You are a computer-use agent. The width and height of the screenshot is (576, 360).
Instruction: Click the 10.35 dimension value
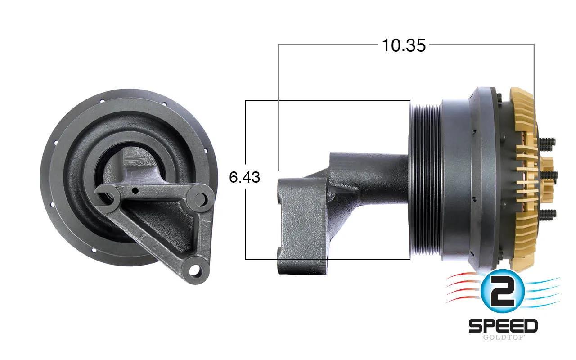404,45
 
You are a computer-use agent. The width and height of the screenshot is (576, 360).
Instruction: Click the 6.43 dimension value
244,177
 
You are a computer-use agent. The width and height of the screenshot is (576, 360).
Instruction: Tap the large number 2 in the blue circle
503,291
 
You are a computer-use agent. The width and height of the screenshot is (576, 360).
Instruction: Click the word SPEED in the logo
503,326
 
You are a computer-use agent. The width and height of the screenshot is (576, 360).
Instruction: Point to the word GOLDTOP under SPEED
503,337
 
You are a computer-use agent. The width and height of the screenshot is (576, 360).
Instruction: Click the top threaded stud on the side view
547,142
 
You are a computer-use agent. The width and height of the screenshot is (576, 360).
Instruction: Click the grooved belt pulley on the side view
426,180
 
